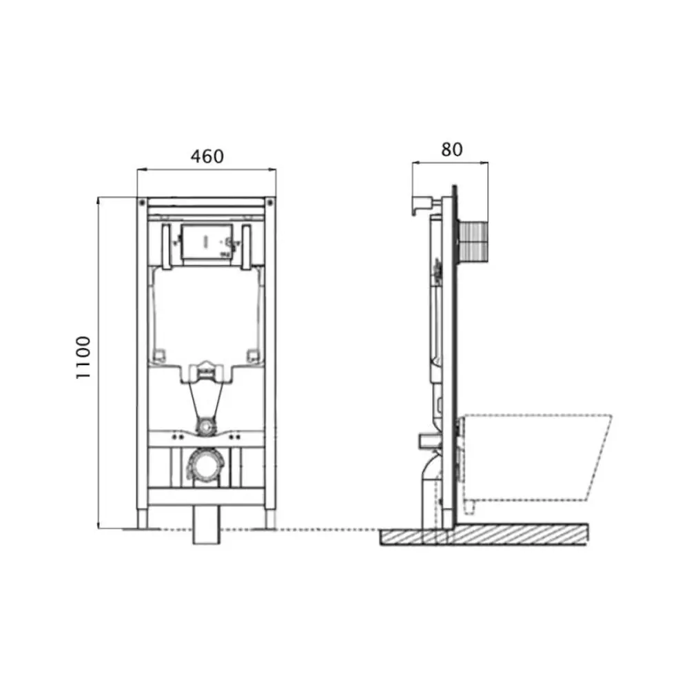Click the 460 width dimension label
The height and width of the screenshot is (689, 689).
[207, 156]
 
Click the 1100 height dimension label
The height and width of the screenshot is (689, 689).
[83, 357]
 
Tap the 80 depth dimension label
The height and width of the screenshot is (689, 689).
[452, 150]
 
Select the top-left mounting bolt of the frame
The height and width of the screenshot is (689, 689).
[142, 203]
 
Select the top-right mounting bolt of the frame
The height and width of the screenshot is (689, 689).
[270, 203]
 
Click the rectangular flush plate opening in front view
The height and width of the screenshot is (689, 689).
[207, 241]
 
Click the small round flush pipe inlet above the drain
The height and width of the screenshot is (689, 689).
[205, 425]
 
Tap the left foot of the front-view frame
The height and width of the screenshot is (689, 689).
[143, 520]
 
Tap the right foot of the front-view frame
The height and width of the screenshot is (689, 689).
[270, 520]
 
